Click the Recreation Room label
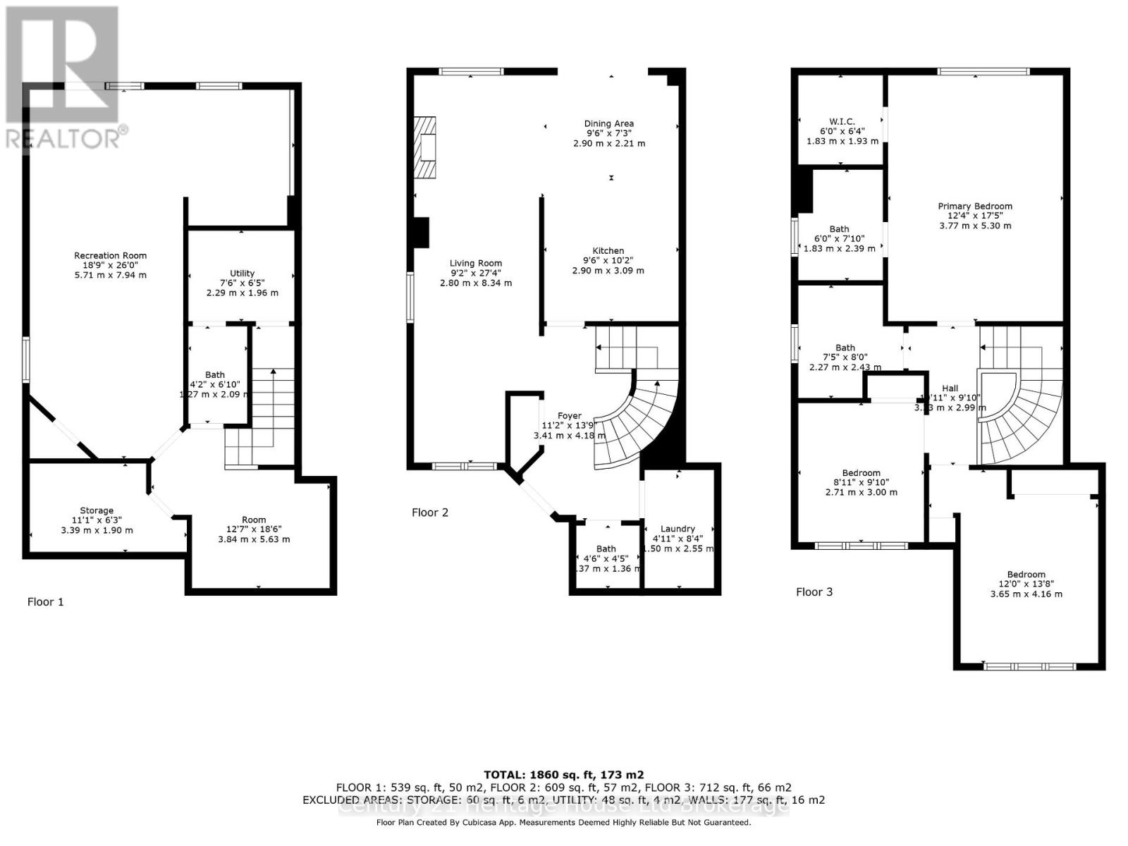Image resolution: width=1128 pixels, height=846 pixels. tap(111, 256)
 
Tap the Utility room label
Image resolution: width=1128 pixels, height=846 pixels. tap(242, 273)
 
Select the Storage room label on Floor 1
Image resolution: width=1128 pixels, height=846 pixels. tap(97, 510)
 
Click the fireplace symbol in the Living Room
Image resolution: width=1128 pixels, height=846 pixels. tap(424, 149)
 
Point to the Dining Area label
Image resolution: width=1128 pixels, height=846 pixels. tap(609, 123)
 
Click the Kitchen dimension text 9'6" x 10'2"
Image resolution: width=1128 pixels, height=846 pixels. tap(608, 261)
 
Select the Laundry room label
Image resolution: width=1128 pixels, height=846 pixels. tap(678, 529)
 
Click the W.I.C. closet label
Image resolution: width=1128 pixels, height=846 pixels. tap(842, 121)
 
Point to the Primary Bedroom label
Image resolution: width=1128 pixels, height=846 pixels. tap(975, 206)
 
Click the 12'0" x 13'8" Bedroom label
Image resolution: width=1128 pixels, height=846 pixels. tap(1026, 575)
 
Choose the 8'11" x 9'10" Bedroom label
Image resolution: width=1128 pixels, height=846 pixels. tap(861, 473)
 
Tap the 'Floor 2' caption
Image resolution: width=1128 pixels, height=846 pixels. tap(430, 513)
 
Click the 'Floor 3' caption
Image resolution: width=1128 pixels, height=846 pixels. tap(814, 591)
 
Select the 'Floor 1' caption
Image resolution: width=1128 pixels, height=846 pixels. tap(45, 601)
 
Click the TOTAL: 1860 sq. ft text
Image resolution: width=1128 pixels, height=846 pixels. tap(563, 774)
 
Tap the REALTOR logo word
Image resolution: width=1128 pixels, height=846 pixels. tap(63, 138)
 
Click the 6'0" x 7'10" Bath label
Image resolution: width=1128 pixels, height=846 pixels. tap(839, 229)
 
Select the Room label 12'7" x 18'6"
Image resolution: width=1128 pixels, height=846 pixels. tap(254, 520)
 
